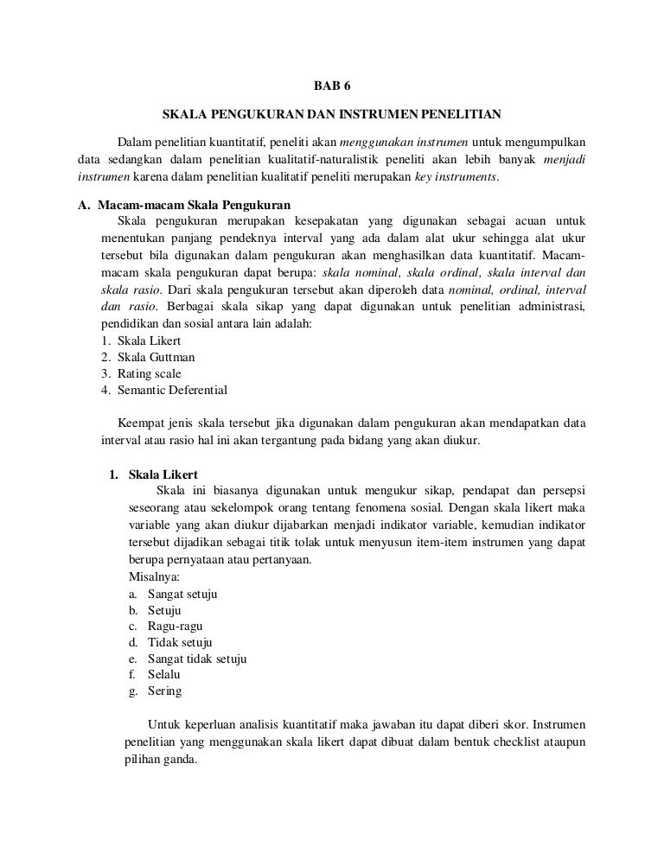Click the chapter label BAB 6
332,86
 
